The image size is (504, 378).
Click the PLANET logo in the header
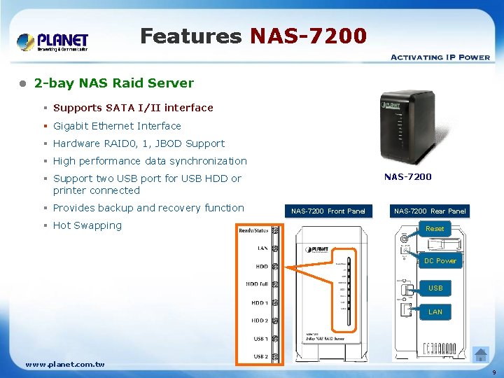coord(52,41)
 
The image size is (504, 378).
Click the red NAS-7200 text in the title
coord(308,36)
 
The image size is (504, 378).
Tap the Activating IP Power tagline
coord(440,57)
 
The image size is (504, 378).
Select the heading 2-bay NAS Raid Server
coord(113,83)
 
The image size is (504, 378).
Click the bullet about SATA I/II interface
coord(133,108)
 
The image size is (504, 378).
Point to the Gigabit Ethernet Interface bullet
coord(117,126)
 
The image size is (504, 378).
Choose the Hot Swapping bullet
coord(87,225)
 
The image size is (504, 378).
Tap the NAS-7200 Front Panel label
coord(328,211)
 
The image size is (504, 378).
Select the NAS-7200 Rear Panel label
coord(430,211)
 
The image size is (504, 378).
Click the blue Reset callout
coord(435,229)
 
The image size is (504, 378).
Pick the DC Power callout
coord(440,261)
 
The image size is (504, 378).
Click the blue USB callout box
coord(435,288)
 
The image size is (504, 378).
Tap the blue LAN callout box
coord(435,312)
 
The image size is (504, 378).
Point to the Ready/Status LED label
coord(253,230)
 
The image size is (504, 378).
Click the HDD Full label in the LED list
coord(256,284)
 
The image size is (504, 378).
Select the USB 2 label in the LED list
coord(260,356)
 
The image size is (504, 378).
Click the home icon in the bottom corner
coord(481,354)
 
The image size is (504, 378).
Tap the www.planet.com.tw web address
coord(65,365)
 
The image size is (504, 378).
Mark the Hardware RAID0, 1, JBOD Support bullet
coord(139,143)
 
